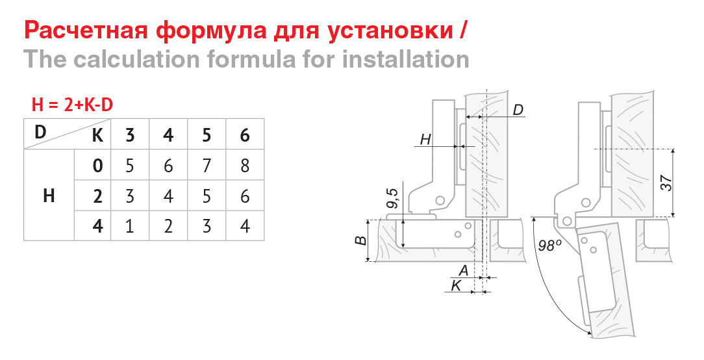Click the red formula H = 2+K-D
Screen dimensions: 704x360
(72, 105)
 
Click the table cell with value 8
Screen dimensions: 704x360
(245, 166)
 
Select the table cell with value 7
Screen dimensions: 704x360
(207, 166)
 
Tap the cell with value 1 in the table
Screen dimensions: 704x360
(130, 225)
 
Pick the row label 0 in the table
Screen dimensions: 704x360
(97, 166)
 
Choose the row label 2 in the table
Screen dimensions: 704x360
(97, 196)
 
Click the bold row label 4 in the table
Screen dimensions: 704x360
(97, 225)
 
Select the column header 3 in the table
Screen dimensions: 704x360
(130, 135)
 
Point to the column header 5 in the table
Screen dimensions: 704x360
(207, 135)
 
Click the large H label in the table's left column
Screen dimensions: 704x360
(49, 196)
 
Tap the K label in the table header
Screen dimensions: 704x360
(97, 135)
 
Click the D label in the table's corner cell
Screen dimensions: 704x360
(40, 132)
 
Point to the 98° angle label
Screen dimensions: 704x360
(550, 246)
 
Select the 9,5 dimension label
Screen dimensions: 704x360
(392, 198)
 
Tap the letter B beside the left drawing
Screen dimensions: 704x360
(360, 240)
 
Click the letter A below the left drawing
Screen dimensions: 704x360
(463, 270)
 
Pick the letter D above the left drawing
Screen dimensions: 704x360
(518, 110)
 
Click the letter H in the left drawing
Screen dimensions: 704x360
(425, 140)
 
